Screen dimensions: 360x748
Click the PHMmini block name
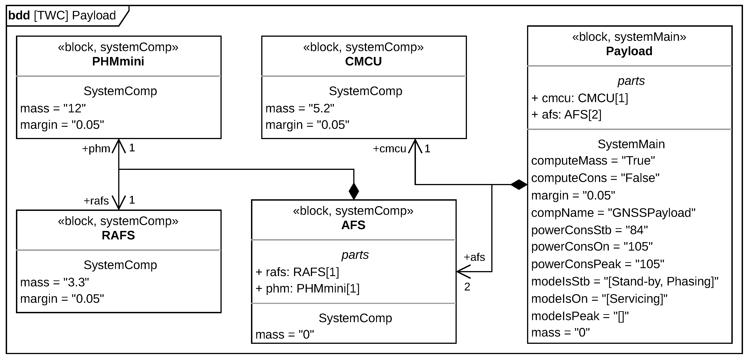pyautogui.click(x=118, y=61)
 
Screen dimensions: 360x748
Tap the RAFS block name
pyautogui.click(x=118, y=235)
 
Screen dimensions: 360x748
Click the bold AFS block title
pyautogui.click(x=353, y=225)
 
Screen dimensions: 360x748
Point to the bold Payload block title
pyautogui.click(x=629, y=51)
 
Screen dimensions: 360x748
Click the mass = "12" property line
pyautogui.click(x=53, y=108)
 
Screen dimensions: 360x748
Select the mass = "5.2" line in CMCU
pyautogui.click(x=300, y=108)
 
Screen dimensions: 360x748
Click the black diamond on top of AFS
pyautogui.click(x=354, y=191)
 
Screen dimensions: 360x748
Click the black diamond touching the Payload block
pyautogui.click(x=519, y=184)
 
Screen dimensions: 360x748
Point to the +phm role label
pyautogui.click(x=96, y=149)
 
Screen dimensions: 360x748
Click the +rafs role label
pyautogui.click(x=96, y=201)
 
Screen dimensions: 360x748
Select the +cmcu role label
pyautogui.click(x=389, y=149)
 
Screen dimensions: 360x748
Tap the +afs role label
pyautogui.click(x=474, y=257)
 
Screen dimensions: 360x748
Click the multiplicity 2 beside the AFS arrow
pyautogui.click(x=467, y=287)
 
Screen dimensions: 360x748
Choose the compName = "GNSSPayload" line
pyautogui.click(x=613, y=213)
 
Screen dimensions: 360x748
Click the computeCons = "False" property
pyautogui.click(x=595, y=178)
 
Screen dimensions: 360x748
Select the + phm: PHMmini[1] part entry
pyautogui.click(x=307, y=288)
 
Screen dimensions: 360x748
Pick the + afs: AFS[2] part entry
pyautogui.click(x=566, y=115)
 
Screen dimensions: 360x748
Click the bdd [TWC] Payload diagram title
pyautogui.click(x=62, y=16)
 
